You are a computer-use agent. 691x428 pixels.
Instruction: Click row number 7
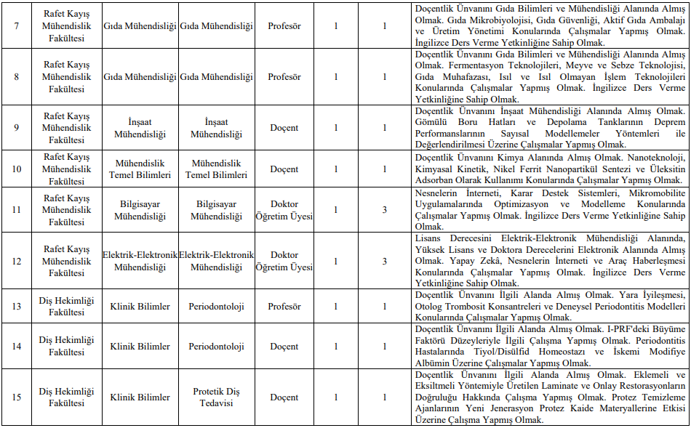pos(17,26)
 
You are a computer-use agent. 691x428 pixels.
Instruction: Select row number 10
pos(17,169)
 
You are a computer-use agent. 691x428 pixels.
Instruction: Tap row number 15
pos(17,397)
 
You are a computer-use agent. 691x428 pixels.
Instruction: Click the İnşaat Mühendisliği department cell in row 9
pos(140,128)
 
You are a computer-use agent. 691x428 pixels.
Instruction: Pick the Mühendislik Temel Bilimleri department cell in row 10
pos(140,169)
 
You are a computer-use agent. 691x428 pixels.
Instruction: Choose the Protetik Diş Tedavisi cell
pos(216,397)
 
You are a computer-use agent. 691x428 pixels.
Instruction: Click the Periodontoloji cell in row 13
pos(216,307)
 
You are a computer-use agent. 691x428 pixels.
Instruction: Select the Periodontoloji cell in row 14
pos(216,347)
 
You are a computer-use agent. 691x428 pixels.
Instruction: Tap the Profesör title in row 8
pos(284,76)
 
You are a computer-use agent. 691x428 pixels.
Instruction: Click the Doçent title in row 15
pos(284,397)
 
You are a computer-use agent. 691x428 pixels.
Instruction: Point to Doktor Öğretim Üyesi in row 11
pos(284,210)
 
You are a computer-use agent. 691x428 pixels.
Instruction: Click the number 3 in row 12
pos(385,261)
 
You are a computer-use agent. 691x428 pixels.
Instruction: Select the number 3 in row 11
pos(385,210)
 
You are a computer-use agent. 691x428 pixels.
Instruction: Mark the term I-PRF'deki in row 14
pos(629,329)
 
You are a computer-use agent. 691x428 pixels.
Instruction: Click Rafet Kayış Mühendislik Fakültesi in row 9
pos(66,128)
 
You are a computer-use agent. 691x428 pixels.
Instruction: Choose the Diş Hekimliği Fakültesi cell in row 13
pos(66,307)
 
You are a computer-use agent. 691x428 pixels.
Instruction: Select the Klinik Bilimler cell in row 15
pos(140,397)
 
